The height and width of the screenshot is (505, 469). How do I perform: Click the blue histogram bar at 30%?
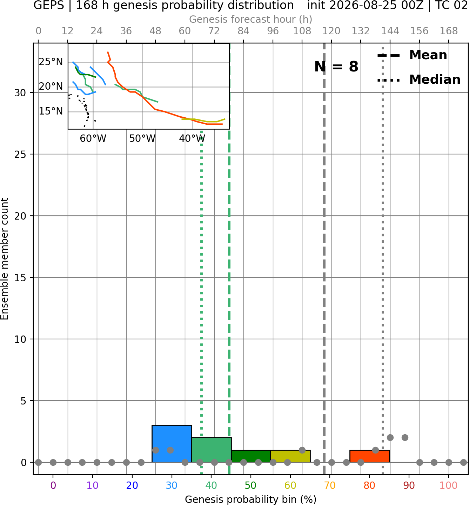(x=172, y=443)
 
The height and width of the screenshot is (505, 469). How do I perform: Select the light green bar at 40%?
(x=212, y=450)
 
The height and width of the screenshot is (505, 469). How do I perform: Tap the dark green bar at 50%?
(x=251, y=456)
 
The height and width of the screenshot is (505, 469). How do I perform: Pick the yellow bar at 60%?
(x=290, y=456)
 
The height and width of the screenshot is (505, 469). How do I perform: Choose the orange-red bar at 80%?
(x=370, y=456)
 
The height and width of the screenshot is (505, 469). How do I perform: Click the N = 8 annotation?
(x=336, y=67)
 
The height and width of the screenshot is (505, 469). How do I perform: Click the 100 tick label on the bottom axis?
(x=449, y=485)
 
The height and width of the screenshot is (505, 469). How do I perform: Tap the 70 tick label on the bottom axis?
(x=330, y=485)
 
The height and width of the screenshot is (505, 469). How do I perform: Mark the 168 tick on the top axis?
(x=449, y=31)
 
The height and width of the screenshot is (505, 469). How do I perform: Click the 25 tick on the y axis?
(x=20, y=154)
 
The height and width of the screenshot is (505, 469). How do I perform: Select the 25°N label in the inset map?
(x=51, y=62)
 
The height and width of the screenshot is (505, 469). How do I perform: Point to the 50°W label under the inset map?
(x=142, y=139)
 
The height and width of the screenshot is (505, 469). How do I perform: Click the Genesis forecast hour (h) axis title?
(x=251, y=19)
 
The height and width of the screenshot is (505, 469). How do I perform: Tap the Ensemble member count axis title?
(x=5, y=259)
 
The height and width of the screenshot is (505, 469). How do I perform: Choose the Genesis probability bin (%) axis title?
(x=251, y=499)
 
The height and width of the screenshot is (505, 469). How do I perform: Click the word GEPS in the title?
(x=49, y=5)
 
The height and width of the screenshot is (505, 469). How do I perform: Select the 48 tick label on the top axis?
(x=155, y=31)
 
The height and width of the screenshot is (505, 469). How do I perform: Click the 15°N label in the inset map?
(x=51, y=111)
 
